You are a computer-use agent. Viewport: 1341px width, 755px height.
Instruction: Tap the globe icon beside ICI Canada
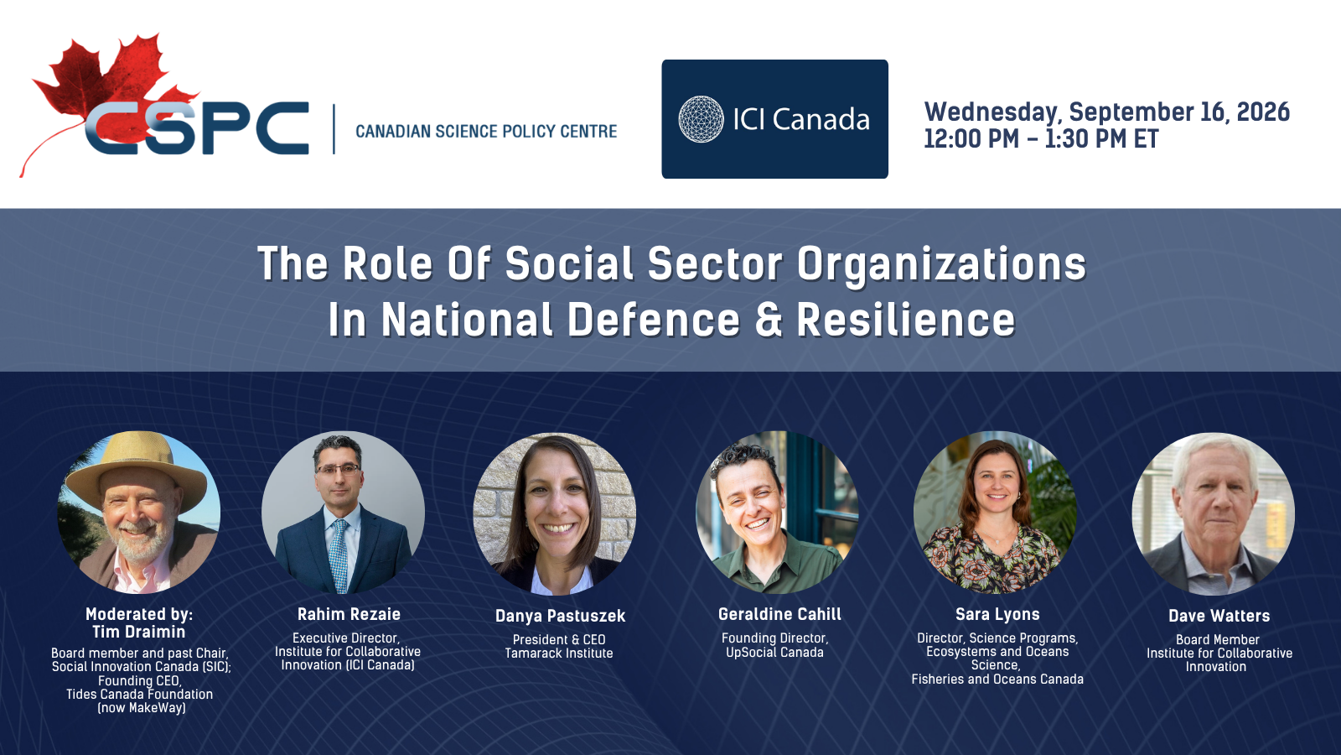click(x=701, y=119)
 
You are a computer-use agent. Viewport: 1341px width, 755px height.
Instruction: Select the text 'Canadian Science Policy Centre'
click(x=486, y=131)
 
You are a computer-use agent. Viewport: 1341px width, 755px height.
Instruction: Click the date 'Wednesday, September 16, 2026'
click(x=1107, y=112)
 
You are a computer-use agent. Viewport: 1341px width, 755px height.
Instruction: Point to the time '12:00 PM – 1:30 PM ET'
click(x=1041, y=139)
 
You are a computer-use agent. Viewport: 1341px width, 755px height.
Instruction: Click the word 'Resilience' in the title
click(x=906, y=320)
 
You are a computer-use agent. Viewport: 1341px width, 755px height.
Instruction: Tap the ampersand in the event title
click(x=769, y=320)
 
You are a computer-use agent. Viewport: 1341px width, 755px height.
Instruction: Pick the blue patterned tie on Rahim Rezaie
click(x=339, y=555)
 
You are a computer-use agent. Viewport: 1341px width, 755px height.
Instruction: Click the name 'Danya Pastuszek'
click(x=561, y=616)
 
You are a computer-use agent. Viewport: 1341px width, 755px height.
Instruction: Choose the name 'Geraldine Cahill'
click(x=780, y=614)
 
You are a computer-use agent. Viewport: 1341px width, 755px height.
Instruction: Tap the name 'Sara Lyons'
click(x=997, y=614)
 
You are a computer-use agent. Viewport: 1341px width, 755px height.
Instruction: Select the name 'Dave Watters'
click(x=1219, y=616)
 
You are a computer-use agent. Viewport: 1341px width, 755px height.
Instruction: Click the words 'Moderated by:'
click(x=139, y=614)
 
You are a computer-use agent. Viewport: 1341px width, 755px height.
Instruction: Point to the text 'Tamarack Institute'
click(x=558, y=653)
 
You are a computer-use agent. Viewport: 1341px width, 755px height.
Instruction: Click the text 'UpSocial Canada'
click(x=774, y=652)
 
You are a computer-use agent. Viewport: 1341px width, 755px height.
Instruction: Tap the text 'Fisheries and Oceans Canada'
click(x=997, y=679)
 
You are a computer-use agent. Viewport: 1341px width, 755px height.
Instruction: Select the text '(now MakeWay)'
click(x=142, y=708)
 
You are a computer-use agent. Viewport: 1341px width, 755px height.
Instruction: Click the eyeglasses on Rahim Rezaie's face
click(x=339, y=469)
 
